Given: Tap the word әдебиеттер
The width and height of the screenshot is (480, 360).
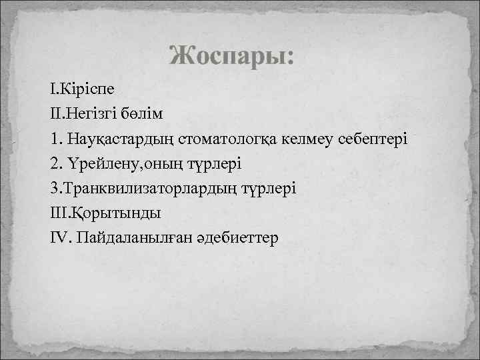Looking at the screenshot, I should point(236,237).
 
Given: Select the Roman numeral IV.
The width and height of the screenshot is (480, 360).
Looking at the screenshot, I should point(59,237).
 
